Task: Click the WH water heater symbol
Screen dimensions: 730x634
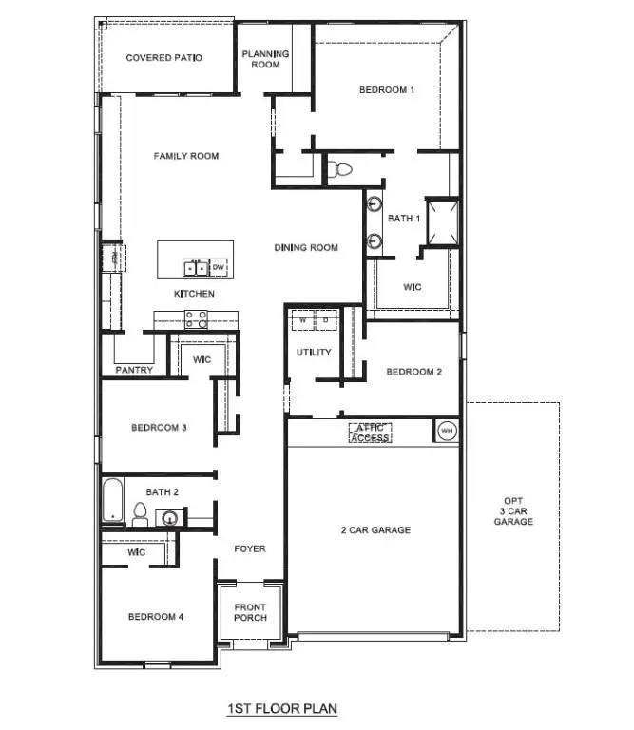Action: (x=446, y=432)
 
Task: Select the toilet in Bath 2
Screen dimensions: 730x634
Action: (x=140, y=516)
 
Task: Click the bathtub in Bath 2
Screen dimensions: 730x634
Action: (x=113, y=501)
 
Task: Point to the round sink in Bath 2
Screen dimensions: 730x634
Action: (x=170, y=518)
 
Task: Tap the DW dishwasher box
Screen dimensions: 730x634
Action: (x=218, y=267)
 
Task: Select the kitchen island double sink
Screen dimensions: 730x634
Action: (x=194, y=267)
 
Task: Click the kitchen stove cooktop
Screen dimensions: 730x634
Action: (x=197, y=319)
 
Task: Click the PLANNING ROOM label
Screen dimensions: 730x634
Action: (x=265, y=59)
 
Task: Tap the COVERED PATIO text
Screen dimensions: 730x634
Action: (x=164, y=58)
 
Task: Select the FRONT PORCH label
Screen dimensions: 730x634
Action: (x=251, y=612)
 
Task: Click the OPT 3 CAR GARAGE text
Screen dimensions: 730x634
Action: (x=519, y=511)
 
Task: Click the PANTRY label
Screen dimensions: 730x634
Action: (x=134, y=370)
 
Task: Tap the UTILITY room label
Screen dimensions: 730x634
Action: (x=314, y=353)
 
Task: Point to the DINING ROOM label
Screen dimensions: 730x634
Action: (x=306, y=248)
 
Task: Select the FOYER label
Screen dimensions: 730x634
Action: (x=251, y=548)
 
